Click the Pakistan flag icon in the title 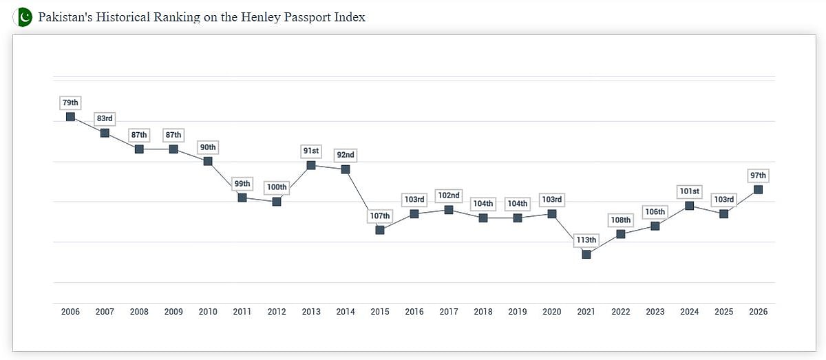(23, 17)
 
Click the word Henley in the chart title (255, 17)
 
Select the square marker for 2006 (70, 116)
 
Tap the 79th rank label (70, 103)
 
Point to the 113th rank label (586, 240)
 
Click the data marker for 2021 (586, 254)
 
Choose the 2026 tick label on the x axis (758, 312)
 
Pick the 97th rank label (758, 176)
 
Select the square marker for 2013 (311, 165)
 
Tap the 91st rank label (311, 151)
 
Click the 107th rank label (380, 215)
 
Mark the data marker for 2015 (380, 230)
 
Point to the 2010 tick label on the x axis (208, 312)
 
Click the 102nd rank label (449, 195)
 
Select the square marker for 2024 (689, 205)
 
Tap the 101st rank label (689, 191)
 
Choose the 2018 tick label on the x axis (483, 312)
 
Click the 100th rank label (277, 187)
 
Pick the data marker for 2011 (242, 198)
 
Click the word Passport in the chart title (304, 17)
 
